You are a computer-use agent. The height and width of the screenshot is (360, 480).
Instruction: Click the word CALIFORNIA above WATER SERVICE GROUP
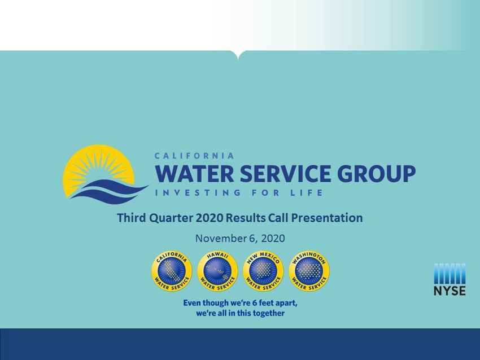pos(194,156)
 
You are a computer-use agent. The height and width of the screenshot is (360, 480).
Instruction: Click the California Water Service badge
pos(172,271)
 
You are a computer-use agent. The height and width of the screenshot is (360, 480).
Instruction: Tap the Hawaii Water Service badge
pos(217,271)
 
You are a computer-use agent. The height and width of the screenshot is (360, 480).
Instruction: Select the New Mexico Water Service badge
pos(263,271)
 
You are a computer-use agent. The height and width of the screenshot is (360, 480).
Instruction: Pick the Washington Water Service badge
pos(309,271)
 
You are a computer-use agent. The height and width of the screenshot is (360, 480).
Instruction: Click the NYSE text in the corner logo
pos(450,291)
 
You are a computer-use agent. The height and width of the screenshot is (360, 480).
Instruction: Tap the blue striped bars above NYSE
pos(450,274)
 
